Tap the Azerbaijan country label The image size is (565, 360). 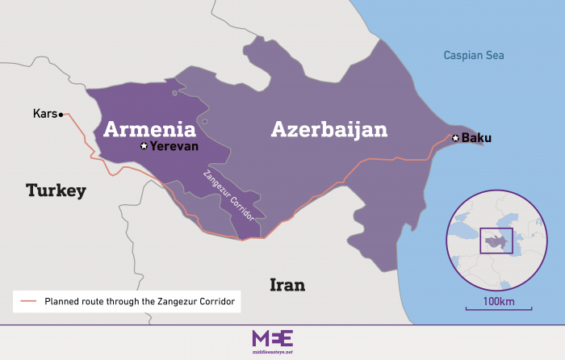point(329,129)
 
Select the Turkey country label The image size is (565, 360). point(56,190)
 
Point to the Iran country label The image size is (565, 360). point(287,285)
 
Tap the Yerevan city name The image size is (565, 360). point(174,146)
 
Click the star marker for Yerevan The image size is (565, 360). point(144,146)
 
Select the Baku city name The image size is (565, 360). point(476,138)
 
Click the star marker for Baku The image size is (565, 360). point(456,138)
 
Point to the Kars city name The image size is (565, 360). point(44,114)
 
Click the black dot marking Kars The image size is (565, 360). point(61,115)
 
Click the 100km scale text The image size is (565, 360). point(498,301)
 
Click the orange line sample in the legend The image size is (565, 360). point(28,301)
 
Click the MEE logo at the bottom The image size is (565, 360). point(273,337)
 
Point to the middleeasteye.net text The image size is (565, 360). point(273,351)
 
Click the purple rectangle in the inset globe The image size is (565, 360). point(496,241)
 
